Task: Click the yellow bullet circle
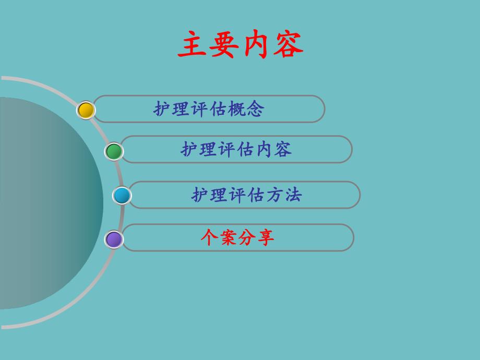pyautogui.click(x=86, y=110)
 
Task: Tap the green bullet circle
pyautogui.click(x=114, y=151)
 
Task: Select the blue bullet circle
pyautogui.click(x=122, y=196)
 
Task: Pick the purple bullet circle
pyautogui.click(x=114, y=239)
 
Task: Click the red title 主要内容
pyautogui.click(x=241, y=45)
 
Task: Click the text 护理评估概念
pyautogui.click(x=209, y=109)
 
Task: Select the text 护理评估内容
pyautogui.click(x=236, y=149)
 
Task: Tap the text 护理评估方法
pyautogui.click(x=246, y=195)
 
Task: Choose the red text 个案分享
pyautogui.click(x=237, y=237)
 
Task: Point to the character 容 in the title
pyautogui.click(x=288, y=45)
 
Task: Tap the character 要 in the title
pyautogui.click(x=225, y=45)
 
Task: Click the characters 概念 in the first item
pyautogui.click(x=246, y=109)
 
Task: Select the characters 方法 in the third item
pyautogui.click(x=284, y=195)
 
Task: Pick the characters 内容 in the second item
pyautogui.click(x=273, y=149)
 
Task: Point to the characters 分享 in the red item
pyautogui.click(x=256, y=237)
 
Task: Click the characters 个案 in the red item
pyautogui.click(x=219, y=237)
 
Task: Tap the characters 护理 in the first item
pyautogui.click(x=172, y=109)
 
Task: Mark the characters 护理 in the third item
pyautogui.click(x=209, y=195)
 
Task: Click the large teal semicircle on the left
pyautogui.click(x=47, y=203)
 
